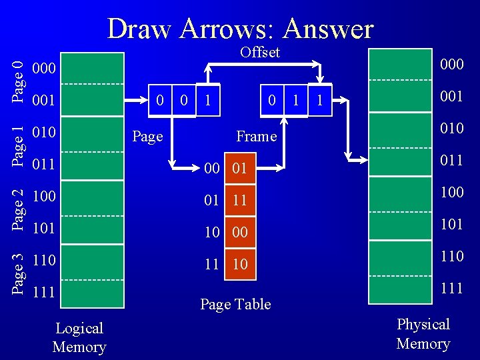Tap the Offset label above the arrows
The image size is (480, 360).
click(260, 52)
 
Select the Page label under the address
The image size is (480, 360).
click(147, 136)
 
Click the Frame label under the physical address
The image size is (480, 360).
click(256, 136)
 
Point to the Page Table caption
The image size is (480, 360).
click(235, 304)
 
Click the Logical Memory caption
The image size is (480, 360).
click(79, 337)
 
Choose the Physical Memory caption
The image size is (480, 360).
click(423, 333)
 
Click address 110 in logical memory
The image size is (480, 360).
click(43, 259)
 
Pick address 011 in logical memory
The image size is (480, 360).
click(43, 163)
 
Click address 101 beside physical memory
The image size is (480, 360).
click(452, 223)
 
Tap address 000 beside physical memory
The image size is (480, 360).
click(452, 64)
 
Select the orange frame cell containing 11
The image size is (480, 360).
click(240, 201)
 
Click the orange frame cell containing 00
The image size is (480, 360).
click(240, 232)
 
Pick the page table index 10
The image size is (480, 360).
click(212, 232)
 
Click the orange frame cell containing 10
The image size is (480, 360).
click(240, 264)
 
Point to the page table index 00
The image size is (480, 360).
click(212, 169)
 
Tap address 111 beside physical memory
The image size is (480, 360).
click(452, 287)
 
